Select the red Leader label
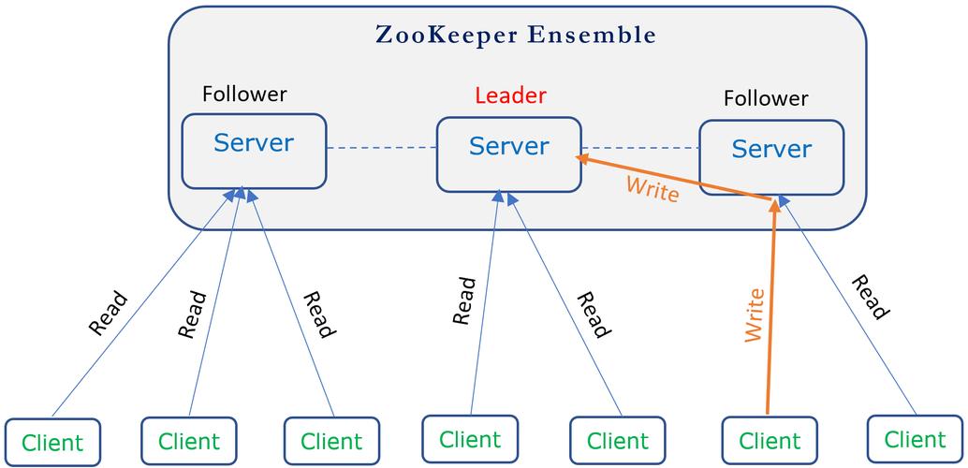pyautogui.click(x=510, y=95)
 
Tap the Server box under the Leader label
pyautogui.click(x=508, y=154)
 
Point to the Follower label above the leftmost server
pyautogui.click(x=244, y=95)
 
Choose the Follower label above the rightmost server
pyautogui.click(x=766, y=98)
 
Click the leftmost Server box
pyautogui.click(x=254, y=151)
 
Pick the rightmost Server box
pyautogui.click(x=771, y=157)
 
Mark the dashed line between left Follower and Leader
pyautogui.click(x=381, y=148)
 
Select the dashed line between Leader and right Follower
pyautogui.click(x=640, y=148)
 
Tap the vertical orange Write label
pyautogui.click(x=755, y=315)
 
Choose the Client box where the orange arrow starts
pyautogui.click(x=770, y=440)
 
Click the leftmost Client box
pyautogui.click(x=52, y=442)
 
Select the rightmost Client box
pyautogui.click(x=915, y=438)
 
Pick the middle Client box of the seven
pyautogui.click(x=469, y=438)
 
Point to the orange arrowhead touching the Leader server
pyautogui.click(x=582, y=158)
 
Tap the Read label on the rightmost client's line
pyautogui.click(x=869, y=298)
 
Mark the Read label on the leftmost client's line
pyautogui.click(x=108, y=314)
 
